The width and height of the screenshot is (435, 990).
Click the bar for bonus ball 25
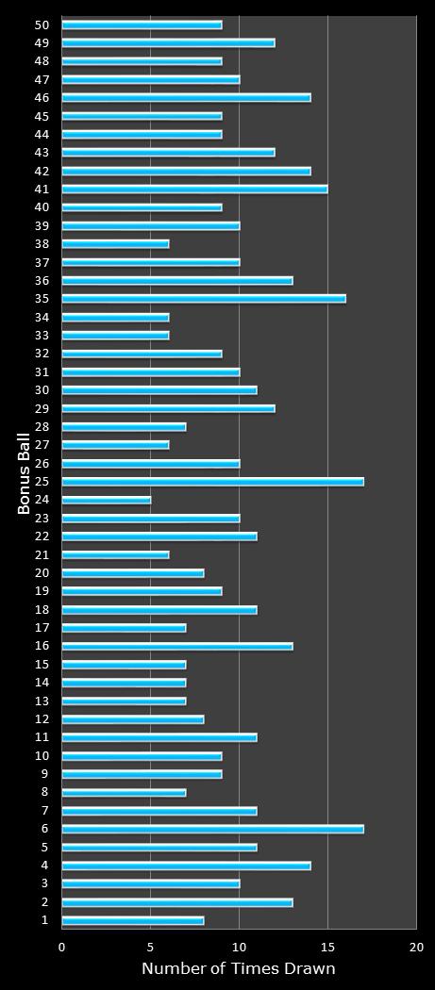click(x=212, y=482)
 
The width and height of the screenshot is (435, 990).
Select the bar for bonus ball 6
click(x=212, y=829)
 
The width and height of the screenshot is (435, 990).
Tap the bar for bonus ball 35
click(x=204, y=299)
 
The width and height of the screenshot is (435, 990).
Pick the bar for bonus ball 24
click(x=107, y=500)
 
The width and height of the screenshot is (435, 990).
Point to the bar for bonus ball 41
click(x=194, y=189)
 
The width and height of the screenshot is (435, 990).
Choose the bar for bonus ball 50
click(x=142, y=25)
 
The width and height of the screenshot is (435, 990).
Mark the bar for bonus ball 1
click(x=133, y=920)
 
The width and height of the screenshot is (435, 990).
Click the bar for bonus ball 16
click(x=177, y=646)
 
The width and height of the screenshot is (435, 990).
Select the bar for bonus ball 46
click(x=186, y=98)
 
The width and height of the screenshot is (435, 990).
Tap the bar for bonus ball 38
click(x=115, y=244)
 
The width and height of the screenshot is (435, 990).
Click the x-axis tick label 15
click(x=327, y=947)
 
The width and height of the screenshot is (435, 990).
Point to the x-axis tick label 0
click(x=62, y=947)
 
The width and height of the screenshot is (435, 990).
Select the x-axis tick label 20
click(x=415, y=947)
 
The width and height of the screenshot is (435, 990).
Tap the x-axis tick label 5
click(x=151, y=947)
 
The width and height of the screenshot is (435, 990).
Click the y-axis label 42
click(x=42, y=171)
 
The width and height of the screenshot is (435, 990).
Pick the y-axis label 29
click(x=42, y=408)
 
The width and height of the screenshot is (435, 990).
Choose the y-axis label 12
click(x=42, y=719)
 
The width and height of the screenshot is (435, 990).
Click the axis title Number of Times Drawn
click(x=238, y=968)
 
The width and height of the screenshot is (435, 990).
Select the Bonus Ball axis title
click(x=25, y=472)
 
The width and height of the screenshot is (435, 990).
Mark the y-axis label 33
click(x=42, y=336)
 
